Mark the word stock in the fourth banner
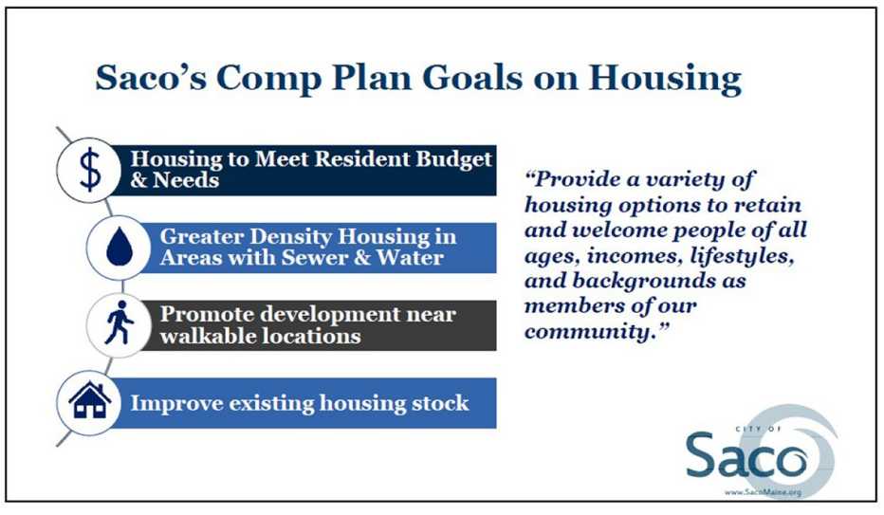438,403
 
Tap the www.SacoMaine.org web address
764,492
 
